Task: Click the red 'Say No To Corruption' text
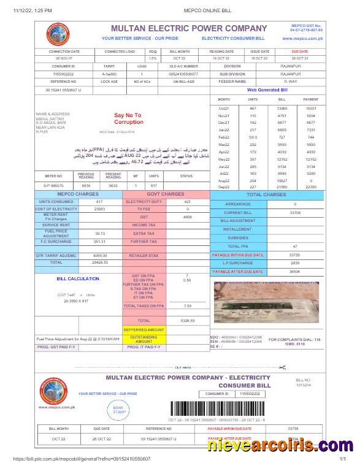[128, 118]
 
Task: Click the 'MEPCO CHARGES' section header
[77, 194]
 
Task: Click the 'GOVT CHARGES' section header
[166, 194]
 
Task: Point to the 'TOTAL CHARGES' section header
[266, 194]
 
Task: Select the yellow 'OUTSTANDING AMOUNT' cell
[144, 339]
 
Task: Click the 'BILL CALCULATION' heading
[78, 278]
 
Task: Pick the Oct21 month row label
[223, 108]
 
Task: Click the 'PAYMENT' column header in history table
[311, 99]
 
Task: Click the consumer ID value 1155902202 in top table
[63, 74]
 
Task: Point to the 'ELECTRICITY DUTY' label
[144, 201]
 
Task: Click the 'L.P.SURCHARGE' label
[237, 262]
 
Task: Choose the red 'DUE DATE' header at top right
[300, 52]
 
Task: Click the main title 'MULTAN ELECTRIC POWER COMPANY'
[189, 28]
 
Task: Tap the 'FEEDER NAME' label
[232, 81]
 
